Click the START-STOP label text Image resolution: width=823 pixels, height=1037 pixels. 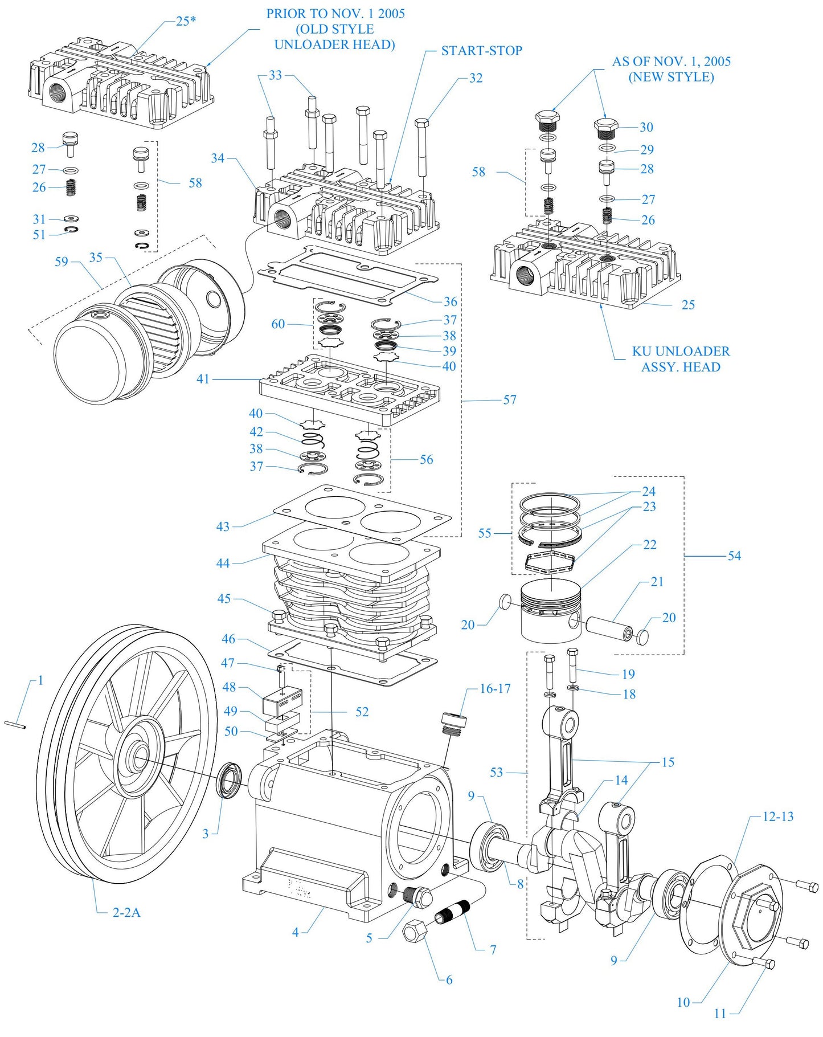click(x=481, y=51)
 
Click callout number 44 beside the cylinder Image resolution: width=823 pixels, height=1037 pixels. click(x=223, y=563)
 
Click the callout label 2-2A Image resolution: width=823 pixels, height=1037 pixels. click(x=126, y=912)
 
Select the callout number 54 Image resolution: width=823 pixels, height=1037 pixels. click(x=734, y=556)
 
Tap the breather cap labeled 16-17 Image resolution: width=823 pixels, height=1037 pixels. click(x=454, y=724)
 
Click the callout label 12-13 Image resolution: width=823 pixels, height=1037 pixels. click(x=777, y=816)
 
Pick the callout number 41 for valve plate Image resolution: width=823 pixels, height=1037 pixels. click(x=203, y=379)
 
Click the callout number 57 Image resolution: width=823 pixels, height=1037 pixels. click(x=510, y=400)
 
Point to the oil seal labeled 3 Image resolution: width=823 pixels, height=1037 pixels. click(x=231, y=779)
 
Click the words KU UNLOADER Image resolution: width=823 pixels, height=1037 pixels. click(x=681, y=351)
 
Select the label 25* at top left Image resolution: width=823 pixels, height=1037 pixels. click(x=186, y=21)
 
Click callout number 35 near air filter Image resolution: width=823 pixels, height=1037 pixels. click(x=96, y=258)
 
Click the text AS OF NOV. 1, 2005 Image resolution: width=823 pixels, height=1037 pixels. click(x=671, y=62)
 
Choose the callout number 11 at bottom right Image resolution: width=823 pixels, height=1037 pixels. click(x=720, y=1014)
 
